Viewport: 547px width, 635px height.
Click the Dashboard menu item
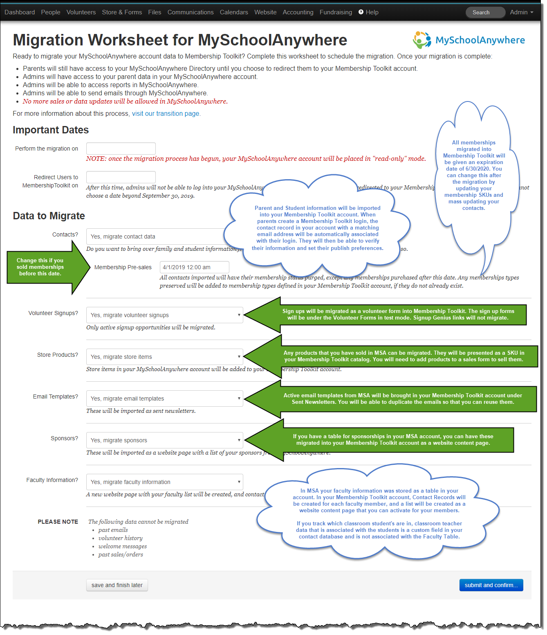click(20, 12)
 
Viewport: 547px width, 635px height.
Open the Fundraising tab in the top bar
click(336, 12)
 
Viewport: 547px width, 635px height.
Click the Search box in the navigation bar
click(485, 12)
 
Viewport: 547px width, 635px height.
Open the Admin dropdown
click(521, 12)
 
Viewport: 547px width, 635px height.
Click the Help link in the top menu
click(369, 12)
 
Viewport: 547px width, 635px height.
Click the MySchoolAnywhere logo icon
click(421, 40)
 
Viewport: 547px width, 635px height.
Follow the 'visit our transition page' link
click(166, 114)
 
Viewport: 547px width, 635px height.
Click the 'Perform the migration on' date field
click(121, 149)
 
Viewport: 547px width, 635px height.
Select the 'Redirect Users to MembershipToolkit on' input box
click(121, 177)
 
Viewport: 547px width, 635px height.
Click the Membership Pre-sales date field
click(194, 267)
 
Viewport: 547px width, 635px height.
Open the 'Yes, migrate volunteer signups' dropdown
click(164, 315)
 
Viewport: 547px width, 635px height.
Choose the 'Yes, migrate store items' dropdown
click(164, 357)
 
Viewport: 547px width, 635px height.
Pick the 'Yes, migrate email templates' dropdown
click(164, 399)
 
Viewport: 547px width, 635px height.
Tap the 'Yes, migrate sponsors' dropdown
click(164, 440)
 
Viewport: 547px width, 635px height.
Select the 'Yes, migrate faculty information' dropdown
click(164, 482)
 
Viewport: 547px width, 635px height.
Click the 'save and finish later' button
click(117, 585)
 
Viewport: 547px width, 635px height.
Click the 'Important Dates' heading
click(51, 130)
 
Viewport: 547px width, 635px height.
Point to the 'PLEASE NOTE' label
click(58, 522)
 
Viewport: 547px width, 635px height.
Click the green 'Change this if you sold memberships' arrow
click(45, 267)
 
